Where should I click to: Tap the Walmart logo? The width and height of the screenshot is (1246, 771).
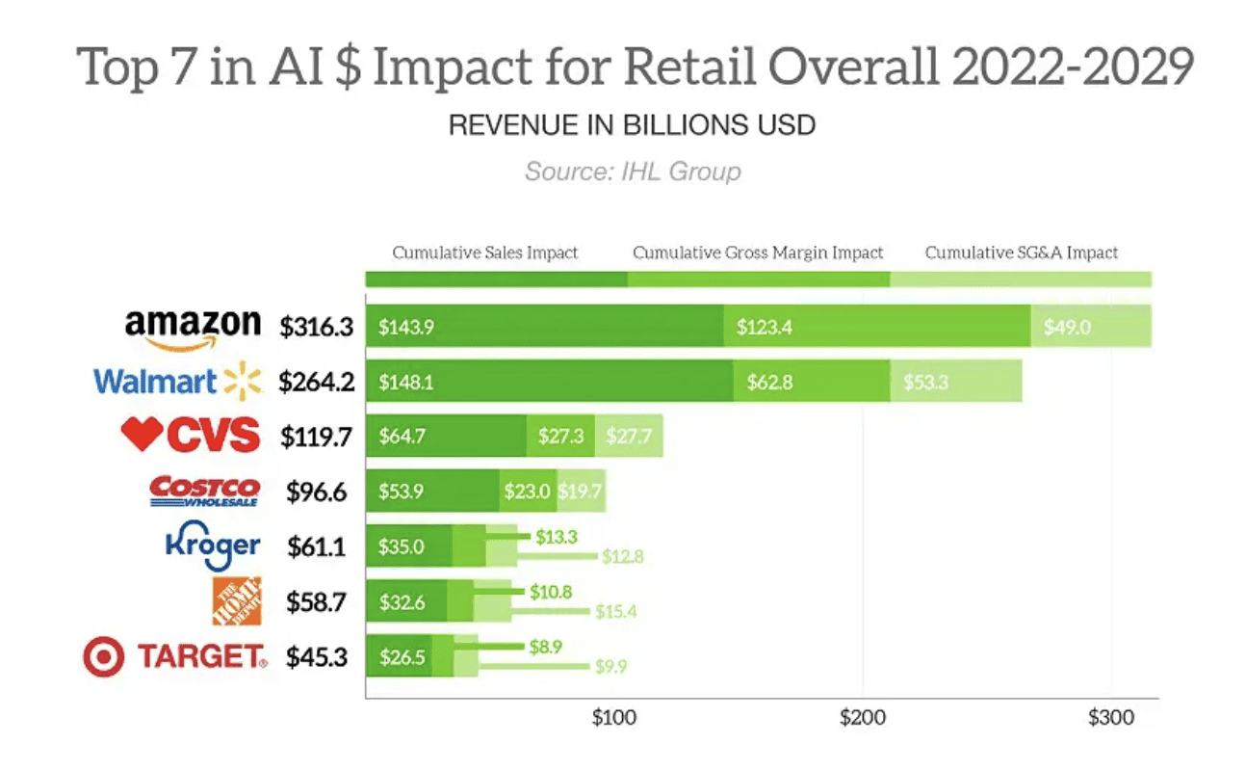[x=177, y=382]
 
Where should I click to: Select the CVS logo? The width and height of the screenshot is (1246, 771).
[x=191, y=436]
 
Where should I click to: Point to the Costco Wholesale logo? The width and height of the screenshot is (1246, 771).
[x=204, y=492]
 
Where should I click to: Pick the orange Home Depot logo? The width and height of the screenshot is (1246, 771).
[x=236, y=601]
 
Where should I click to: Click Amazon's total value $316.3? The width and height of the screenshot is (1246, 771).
[x=317, y=328]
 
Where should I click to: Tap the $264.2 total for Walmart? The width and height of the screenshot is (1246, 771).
[x=317, y=383]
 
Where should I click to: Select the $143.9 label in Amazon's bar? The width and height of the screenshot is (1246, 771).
[x=405, y=328]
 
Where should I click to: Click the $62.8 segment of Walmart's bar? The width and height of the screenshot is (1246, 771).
[x=769, y=383]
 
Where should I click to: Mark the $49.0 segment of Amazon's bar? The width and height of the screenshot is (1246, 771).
[x=1067, y=328]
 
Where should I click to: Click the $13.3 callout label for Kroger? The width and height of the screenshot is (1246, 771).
[x=556, y=537]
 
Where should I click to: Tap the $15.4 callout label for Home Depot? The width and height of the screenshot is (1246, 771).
[x=616, y=611]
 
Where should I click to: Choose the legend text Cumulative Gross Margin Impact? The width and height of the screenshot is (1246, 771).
[x=758, y=253]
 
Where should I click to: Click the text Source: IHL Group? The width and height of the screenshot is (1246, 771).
[x=633, y=173]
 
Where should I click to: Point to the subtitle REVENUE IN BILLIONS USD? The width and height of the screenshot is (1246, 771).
[x=633, y=125]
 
